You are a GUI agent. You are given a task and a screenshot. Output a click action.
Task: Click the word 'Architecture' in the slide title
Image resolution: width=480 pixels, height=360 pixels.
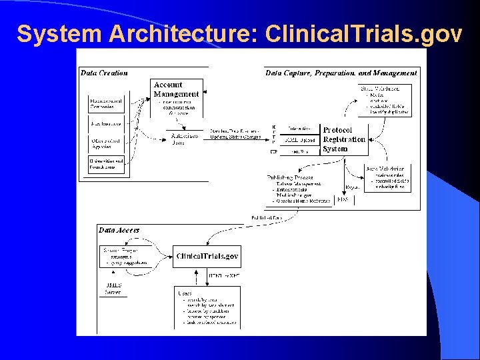[175, 33]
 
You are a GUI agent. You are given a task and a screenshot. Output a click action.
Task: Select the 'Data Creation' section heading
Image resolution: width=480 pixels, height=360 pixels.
[105, 73]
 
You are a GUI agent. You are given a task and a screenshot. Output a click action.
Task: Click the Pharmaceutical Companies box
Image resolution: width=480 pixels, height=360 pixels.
[107, 103]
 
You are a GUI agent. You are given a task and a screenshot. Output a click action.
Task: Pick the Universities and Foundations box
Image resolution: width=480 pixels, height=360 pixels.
[107, 164]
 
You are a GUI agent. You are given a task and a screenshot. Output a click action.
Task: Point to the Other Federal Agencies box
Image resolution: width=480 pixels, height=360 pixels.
[107, 143]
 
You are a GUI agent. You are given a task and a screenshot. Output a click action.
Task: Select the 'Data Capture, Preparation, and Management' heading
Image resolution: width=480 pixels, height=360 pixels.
[341, 73]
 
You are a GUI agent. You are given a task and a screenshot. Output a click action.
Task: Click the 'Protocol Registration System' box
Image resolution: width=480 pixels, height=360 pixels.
[344, 139]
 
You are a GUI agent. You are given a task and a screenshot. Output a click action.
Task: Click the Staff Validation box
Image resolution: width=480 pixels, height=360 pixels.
[385, 100]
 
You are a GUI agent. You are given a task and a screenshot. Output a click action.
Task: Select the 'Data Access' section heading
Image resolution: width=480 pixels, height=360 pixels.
[119, 230]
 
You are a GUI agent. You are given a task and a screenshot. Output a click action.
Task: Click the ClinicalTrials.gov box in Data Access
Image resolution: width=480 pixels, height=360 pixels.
[207, 256]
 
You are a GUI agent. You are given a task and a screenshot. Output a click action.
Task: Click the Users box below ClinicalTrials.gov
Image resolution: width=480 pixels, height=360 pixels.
[207, 308]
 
